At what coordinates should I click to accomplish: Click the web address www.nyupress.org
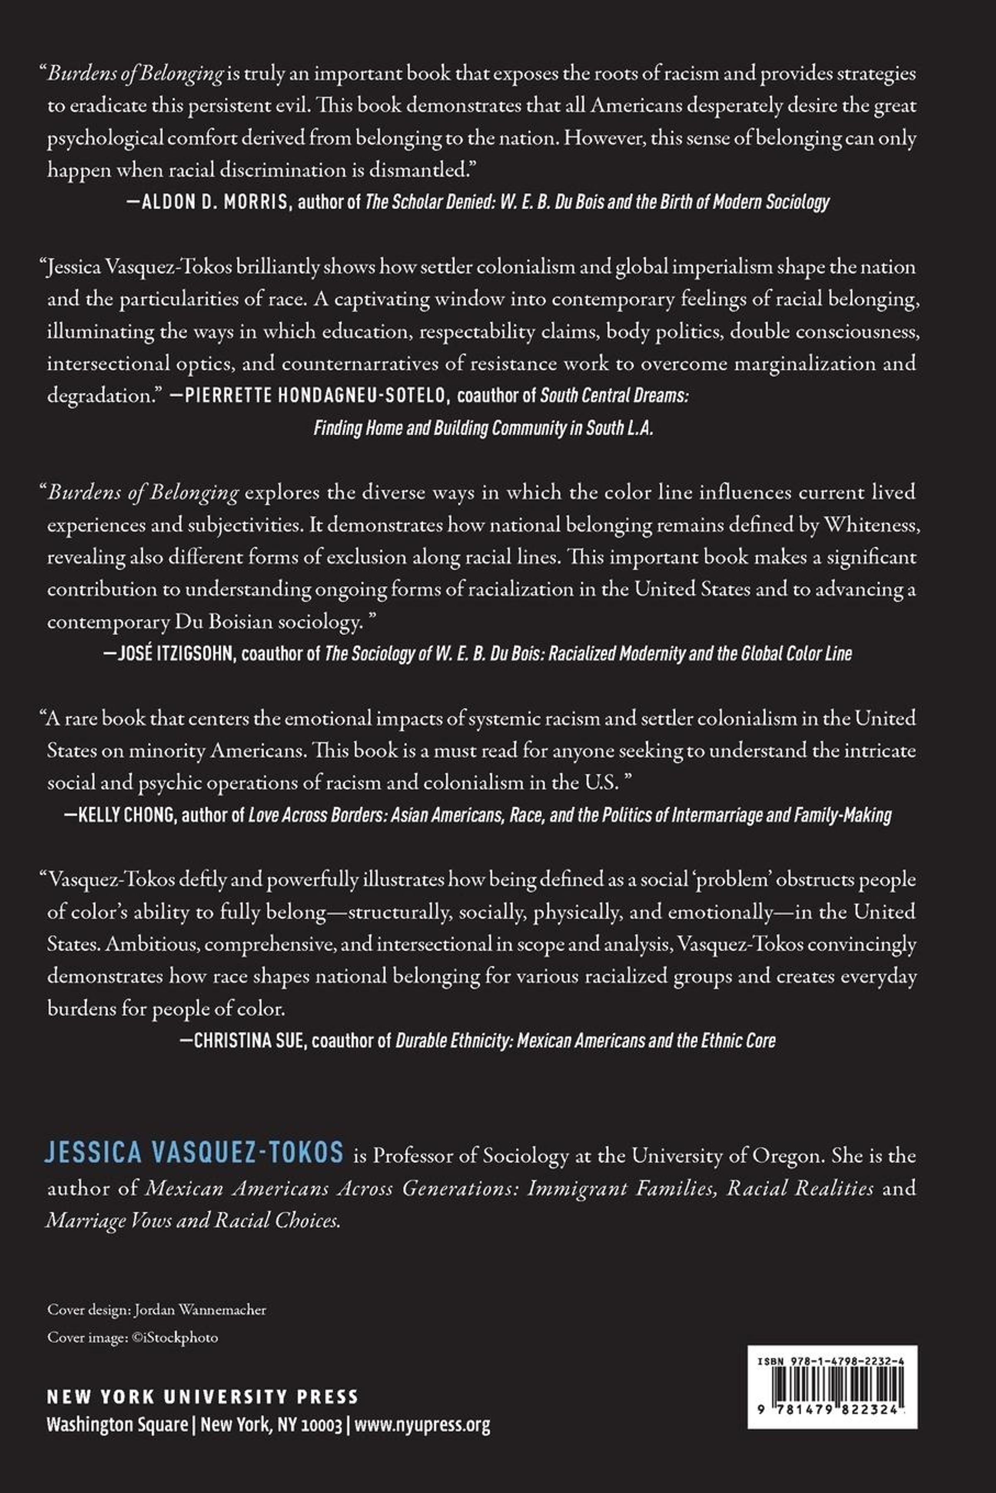(422, 1426)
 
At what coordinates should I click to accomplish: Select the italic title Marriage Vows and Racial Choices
(194, 1220)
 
